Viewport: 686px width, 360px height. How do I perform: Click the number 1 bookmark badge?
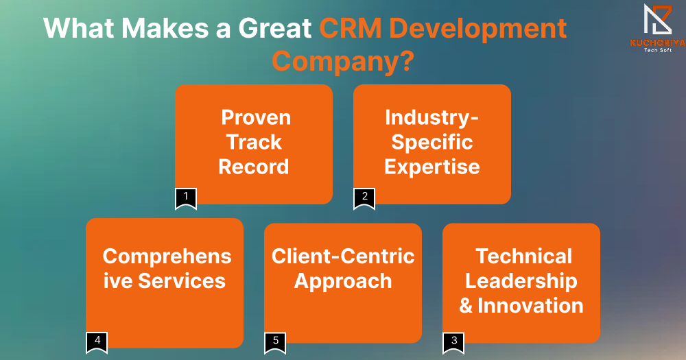(x=186, y=199)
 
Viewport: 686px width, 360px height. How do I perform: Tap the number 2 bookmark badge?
(x=364, y=199)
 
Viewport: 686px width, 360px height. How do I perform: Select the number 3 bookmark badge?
(x=453, y=344)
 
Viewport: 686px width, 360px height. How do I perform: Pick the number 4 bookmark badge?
(x=97, y=344)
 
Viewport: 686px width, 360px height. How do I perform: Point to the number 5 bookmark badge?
(x=275, y=344)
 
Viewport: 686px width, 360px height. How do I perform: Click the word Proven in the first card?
(x=256, y=117)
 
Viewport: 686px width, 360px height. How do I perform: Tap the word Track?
(x=255, y=142)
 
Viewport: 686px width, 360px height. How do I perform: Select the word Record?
(x=254, y=167)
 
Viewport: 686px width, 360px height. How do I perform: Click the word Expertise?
(x=432, y=167)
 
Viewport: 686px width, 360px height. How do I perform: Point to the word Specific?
(x=432, y=143)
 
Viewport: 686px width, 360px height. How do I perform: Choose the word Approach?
(x=343, y=281)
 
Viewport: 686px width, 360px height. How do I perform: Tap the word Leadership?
(x=521, y=281)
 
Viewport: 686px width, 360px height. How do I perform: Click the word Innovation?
(x=531, y=305)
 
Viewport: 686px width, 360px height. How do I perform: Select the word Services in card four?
(x=182, y=281)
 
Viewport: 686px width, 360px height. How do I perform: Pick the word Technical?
(x=523, y=256)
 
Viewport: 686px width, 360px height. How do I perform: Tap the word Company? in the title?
(x=343, y=61)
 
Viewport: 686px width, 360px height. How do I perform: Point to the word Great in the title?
(x=275, y=28)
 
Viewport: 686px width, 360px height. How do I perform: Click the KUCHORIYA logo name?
(x=658, y=43)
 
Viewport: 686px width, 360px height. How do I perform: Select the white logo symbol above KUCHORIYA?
(x=658, y=19)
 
